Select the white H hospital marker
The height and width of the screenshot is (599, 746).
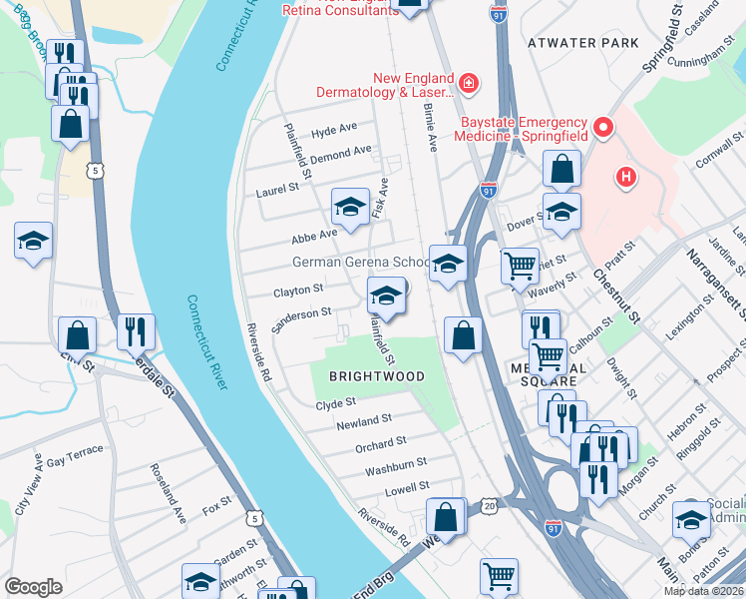tap(625, 178)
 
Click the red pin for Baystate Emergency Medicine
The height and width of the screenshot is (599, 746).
tap(602, 128)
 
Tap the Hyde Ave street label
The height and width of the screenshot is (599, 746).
tap(333, 131)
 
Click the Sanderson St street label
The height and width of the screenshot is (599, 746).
tap(302, 313)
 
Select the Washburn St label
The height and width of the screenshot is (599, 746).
tap(396, 463)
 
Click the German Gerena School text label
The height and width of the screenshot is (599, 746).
tap(360, 263)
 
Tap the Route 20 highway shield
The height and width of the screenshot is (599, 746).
tap(490, 506)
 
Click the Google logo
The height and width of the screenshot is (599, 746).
tap(33, 587)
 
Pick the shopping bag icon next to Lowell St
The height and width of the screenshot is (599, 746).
tap(446, 517)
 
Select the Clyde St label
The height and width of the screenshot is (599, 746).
tap(335, 404)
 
